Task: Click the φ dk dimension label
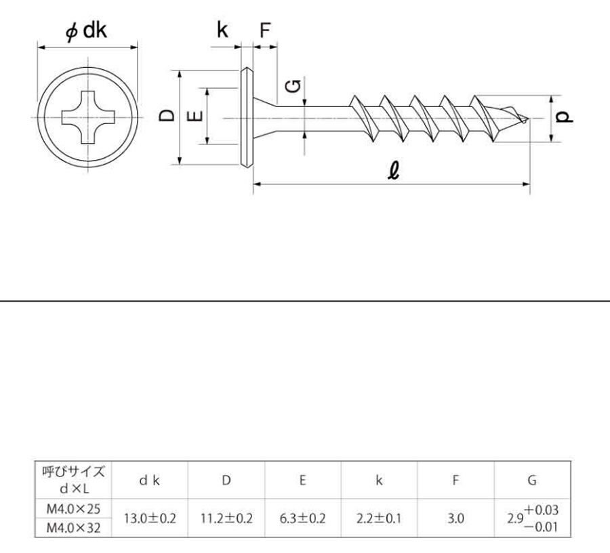coord(86,30)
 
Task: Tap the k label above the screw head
coord(222,30)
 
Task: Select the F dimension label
coord(265,30)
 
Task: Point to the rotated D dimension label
coord(167,116)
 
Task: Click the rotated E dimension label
coord(196,116)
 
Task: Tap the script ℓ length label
coord(394,171)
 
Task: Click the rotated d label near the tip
coord(563,117)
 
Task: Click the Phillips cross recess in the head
coord(88,117)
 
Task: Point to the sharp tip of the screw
coord(529,118)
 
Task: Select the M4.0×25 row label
coord(73,509)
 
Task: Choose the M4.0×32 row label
coord(73,528)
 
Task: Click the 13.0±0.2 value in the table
coord(150,518)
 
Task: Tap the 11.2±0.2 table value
coord(226,518)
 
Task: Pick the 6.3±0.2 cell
coord(303,518)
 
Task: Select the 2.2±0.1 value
coord(379,518)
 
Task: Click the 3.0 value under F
coord(455,518)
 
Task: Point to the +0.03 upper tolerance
coord(541,510)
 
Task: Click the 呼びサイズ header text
coord(73,472)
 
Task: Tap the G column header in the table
coord(532,480)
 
